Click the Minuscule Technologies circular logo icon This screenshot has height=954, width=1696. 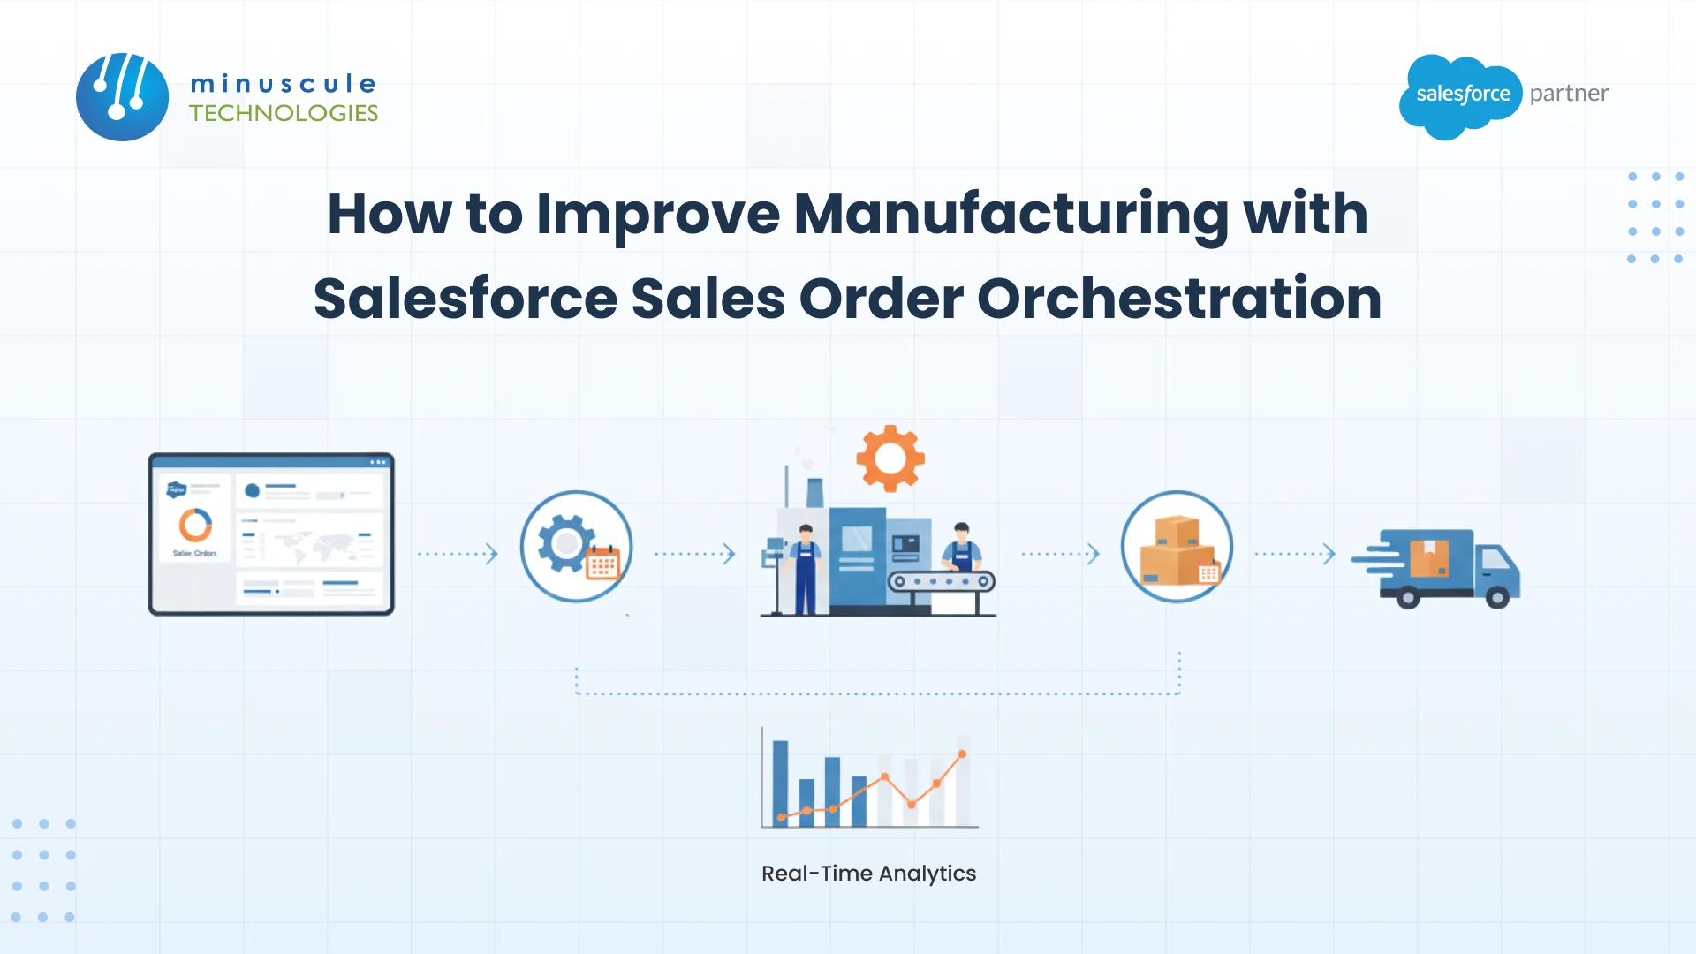(x=122, y=96)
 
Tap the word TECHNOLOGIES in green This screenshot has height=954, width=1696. (x=284, y=113)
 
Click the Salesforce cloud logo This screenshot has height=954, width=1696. (x=1461, y=95)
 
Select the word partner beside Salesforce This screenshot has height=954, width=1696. (x=1569, y=94)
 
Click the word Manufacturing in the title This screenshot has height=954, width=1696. (x=1011, y=214)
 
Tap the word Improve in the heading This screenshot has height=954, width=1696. (x=658, y=214)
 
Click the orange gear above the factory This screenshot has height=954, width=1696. (x=890, y=458)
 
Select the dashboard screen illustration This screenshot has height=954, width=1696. (x=271, y=534)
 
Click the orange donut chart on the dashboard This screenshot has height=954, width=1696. (x=195, y=525)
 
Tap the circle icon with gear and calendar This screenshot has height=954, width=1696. (x=576, y=546)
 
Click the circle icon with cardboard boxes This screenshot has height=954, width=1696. (x=1177, y=546)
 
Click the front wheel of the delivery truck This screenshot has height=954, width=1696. (x=1497, y=598)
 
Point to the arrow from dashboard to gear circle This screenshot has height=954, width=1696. (x=458, y=554)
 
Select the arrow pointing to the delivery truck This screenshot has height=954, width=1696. (x=1295, y=554)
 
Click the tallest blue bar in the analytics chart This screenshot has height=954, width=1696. (x=780, y=783)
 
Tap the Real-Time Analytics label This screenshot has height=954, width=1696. (x=868, y=874)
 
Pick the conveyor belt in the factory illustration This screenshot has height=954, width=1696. (x=941, y=581)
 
